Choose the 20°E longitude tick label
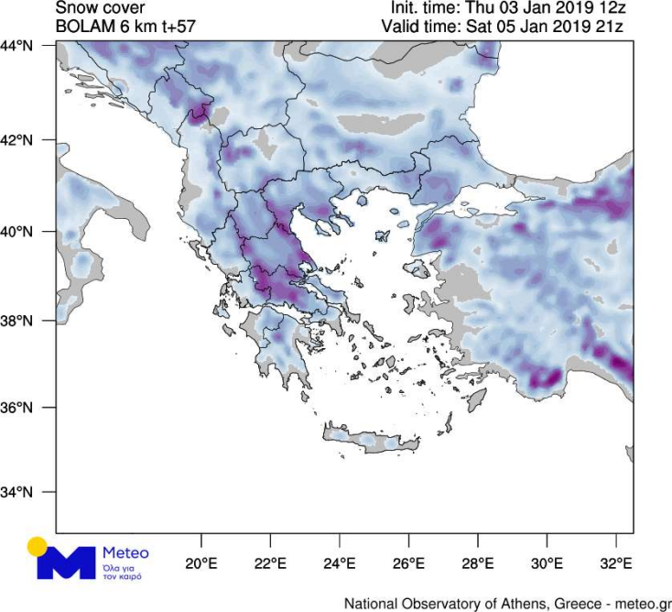(x=201, y=562)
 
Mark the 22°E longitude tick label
(x=270, y=562)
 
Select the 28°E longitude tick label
(x=478, y=562)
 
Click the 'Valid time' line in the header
(x=503, y=27)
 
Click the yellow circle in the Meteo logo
(x=38, y=547)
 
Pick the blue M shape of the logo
(x=66, y=563)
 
